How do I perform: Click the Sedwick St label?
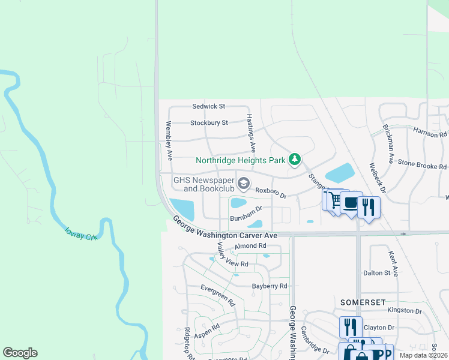[208, 106]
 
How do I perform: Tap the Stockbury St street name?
[209, 123]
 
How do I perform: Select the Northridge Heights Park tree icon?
[294, 160]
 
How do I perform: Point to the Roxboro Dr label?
[271, 193]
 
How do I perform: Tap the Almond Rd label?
[250, 246]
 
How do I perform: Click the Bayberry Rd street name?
[270, 286]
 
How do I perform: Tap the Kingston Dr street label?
[405, 310]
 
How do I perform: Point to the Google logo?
[20, 353]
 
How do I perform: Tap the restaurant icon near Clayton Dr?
[350, 327]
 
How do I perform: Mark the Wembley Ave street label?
[169, 140]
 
